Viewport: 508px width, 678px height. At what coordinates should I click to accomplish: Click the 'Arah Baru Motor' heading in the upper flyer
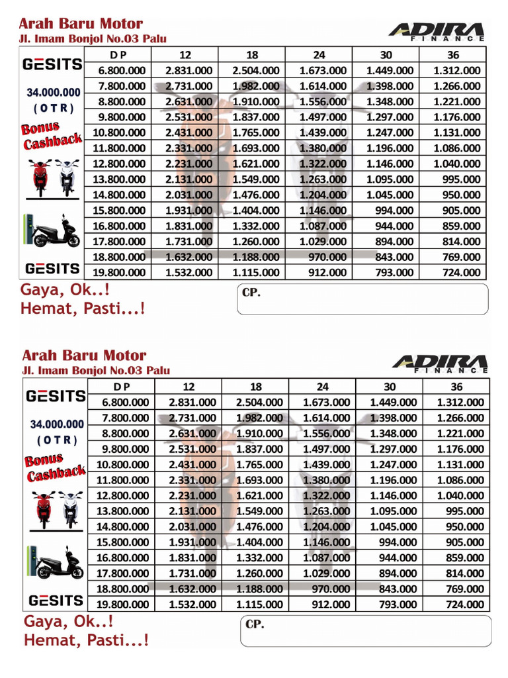82,24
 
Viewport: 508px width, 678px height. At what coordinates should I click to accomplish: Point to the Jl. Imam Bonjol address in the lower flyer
96,371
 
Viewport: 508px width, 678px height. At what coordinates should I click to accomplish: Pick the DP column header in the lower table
122,387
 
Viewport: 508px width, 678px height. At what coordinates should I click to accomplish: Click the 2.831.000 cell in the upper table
189,70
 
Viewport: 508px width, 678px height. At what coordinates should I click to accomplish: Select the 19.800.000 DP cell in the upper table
122,272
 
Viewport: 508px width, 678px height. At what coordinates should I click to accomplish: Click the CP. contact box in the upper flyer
362,298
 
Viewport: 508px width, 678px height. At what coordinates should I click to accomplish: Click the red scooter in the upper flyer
40,177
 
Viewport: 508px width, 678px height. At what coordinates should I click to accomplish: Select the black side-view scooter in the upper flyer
56,232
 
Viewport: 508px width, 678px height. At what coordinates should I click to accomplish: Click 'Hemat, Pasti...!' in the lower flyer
86,640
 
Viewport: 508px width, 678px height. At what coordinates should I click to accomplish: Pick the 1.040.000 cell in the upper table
456,164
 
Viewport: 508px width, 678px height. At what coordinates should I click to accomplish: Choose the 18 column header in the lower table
256,387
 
